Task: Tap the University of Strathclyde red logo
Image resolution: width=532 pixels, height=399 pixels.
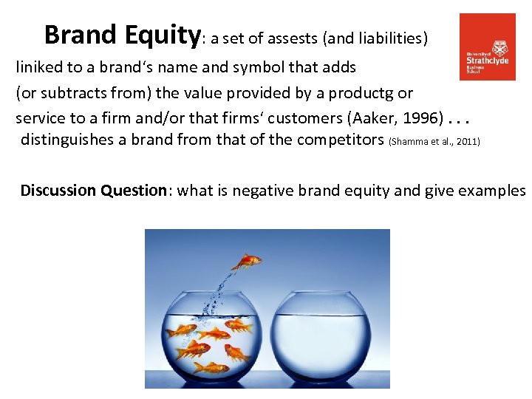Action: [488, 47]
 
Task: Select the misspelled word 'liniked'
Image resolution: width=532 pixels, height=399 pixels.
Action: [41, 67]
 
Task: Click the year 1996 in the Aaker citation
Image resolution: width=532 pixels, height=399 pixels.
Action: [423, 118]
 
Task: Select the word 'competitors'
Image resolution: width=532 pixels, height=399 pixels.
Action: [342, 140]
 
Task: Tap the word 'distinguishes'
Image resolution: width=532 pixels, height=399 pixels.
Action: [66, 140]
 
